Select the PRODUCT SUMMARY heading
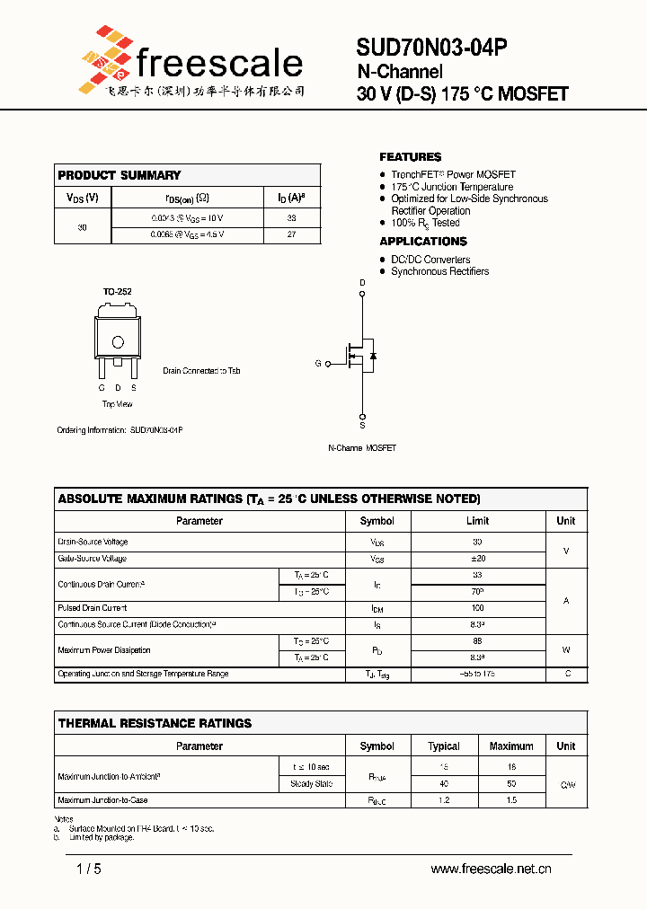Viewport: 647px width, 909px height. [x=119, y=175]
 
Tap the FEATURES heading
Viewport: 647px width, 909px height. [x=410, y=157]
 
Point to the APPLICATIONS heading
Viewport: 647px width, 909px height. [x=423, y=242]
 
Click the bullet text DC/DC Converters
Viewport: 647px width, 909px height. [x=430, y=260]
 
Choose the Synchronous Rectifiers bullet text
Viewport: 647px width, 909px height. [x=439, y=271]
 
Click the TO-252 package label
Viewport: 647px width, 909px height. [x=117, y=292]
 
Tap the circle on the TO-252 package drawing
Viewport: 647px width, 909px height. [x=117, y=342]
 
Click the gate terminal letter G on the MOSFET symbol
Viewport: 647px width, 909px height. [x=317, y=364]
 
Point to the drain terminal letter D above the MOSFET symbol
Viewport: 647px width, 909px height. [x=363, y=283]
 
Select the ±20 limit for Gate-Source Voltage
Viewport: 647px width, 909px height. [x=477, y=559]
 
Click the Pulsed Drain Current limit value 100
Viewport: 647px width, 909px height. [x=477, y=608]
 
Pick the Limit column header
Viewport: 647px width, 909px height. [x=477, y=521]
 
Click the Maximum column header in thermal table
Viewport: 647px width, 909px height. [x=511, y=746]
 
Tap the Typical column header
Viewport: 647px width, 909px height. [x=444, y=746]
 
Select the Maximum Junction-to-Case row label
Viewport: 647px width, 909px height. [x=102, y=800]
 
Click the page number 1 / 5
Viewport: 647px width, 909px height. [x=89, y=869]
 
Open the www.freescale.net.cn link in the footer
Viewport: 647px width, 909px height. [x=491, y=869]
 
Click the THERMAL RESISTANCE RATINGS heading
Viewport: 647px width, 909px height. [x=155, y=723]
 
